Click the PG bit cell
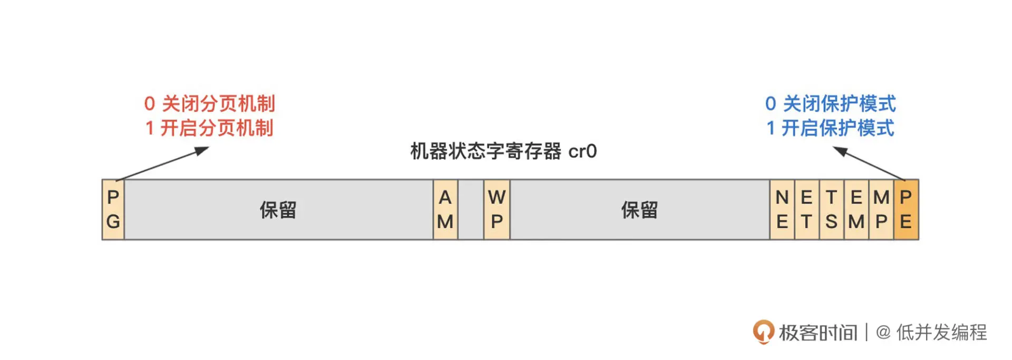click(113, 210)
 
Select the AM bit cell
click(445, 210)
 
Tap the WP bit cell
click(497, 210)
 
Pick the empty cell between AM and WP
click(471, 210)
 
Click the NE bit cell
click(782, 210)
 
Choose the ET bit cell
click(806, 210)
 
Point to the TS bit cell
click(831, 210)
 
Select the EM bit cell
click(856, 210)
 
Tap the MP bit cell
click(881, 210)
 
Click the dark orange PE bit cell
click(906, 210)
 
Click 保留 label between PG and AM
click(278, 210)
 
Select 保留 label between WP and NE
click(639, 210)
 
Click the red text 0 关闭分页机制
click(210, 104)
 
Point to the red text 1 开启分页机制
click(209, 128)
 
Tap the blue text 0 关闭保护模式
click(831, 104)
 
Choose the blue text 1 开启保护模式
click(831, 128)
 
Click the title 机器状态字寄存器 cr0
click(503, 151)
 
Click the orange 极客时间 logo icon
click(763, 332)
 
